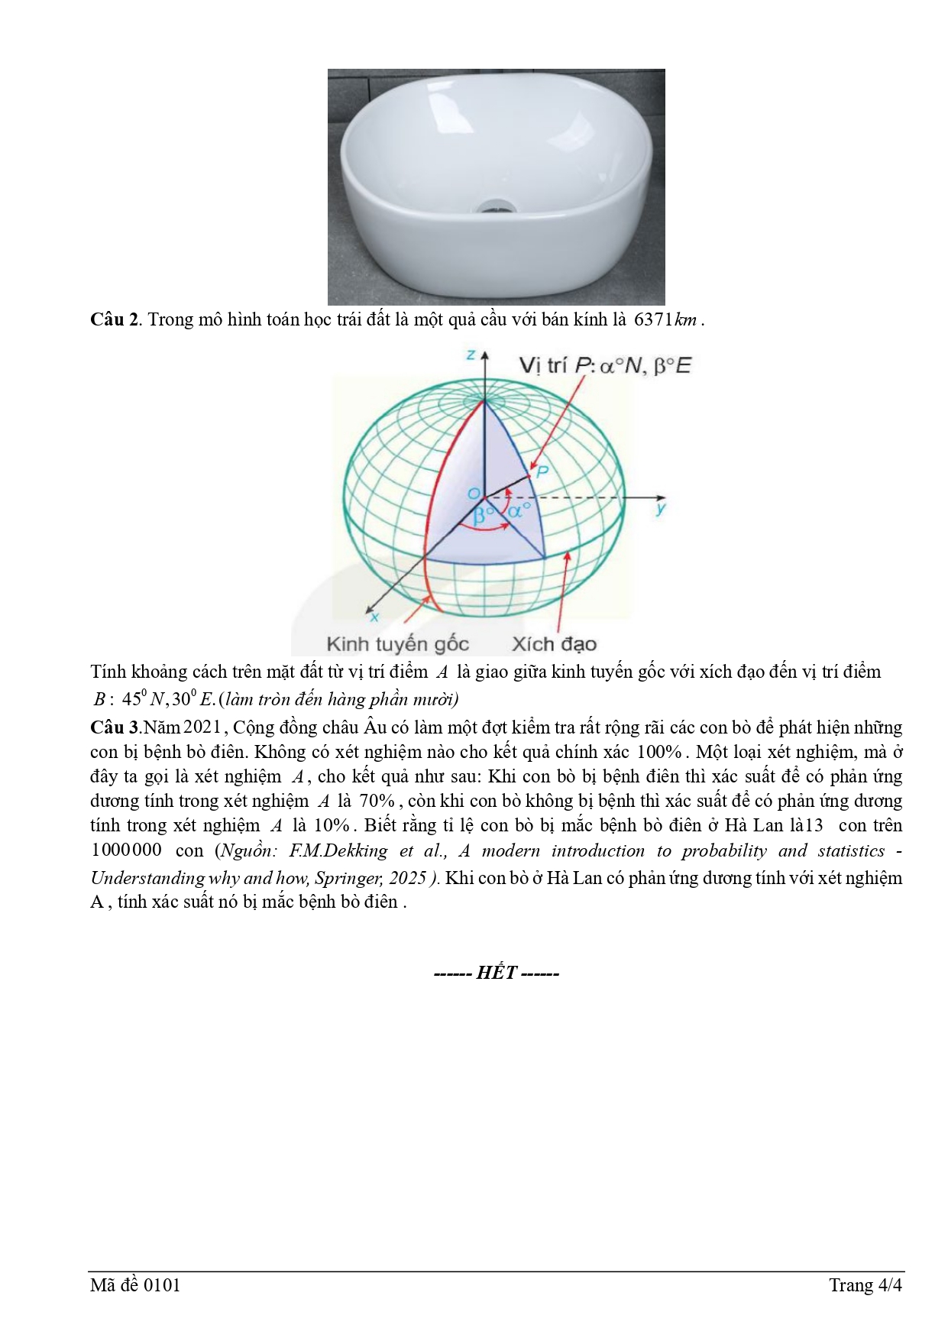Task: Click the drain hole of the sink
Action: click(490, 206)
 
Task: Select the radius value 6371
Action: click(653, 319)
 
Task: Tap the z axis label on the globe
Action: click(471, 355)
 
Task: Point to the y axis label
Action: click(661, 507)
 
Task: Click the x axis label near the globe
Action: click(374, 615)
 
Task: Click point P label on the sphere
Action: click(542, 471)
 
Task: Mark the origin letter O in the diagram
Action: click(474, 494)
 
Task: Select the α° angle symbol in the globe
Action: click(517, 510)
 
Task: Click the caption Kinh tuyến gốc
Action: click(397, 644)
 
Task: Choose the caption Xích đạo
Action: click(554, 644)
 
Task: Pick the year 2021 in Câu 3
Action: click(202, 727)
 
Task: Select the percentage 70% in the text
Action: click(377, 801)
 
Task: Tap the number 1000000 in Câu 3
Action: click(127, 850)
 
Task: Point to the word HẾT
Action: click(497, 973)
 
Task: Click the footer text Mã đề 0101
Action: click(135, 1285)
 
